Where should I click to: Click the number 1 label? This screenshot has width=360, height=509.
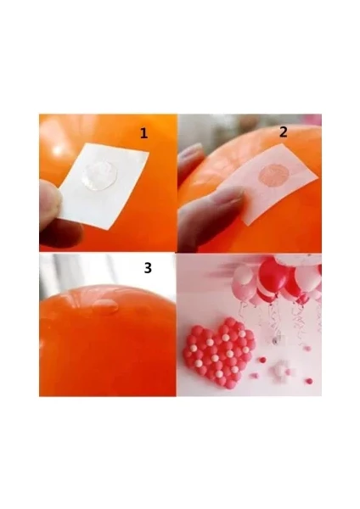pos(143,133)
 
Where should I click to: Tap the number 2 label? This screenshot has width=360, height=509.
pos(284,131)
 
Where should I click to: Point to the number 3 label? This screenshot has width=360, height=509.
pos(148,268)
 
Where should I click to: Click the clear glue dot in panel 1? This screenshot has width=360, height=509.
pos(98,176)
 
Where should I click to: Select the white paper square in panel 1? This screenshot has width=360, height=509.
pos(104,185)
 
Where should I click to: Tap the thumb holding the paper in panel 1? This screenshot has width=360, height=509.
pos(49,200)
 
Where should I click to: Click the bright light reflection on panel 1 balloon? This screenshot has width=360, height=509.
pos(58,150)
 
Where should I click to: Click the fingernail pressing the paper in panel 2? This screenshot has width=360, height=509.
pos(233,196)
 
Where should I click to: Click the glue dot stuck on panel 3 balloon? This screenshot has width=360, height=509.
pos(104,305)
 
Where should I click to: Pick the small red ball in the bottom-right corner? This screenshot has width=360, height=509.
pos(310,381)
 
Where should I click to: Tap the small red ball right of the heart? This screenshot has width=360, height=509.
pos(262,360)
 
